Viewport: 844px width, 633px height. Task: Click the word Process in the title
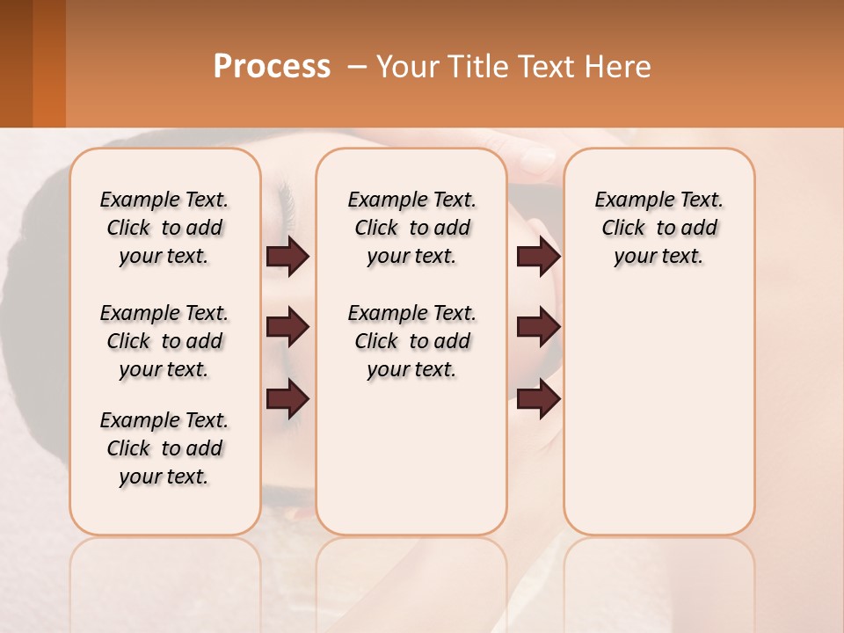[272, 67]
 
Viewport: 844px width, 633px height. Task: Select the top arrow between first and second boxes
[287, 257]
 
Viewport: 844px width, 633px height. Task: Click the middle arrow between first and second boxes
[287, 328]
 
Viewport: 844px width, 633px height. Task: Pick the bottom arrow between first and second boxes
[287, 400]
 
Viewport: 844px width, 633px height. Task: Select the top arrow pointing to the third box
[538, 257]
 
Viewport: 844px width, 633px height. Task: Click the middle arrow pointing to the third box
[538, 328]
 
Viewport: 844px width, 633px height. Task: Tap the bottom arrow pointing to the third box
[538, 400]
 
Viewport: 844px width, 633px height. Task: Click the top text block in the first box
[164, 228]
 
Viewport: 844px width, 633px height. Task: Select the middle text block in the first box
[164, 341]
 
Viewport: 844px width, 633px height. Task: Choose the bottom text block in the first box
[164, 448]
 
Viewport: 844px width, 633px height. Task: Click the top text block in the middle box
[411, 228]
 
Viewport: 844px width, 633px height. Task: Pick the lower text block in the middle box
[411, 341]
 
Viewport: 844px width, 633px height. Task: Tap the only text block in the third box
[658, 228]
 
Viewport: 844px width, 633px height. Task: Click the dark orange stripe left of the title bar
[48, 63]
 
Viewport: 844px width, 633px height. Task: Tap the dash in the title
[356, 67]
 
